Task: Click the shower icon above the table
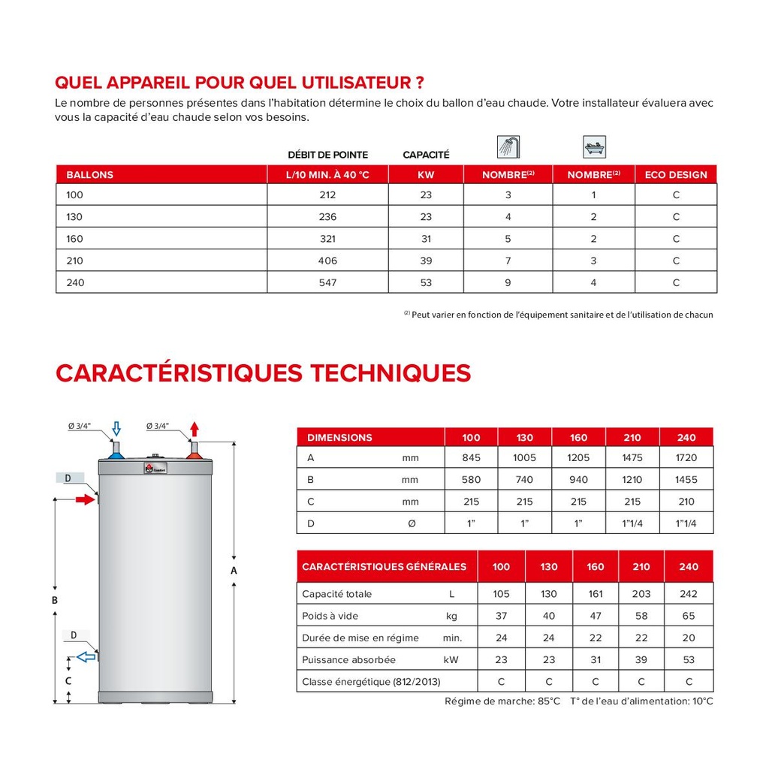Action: click(x=508, y=146)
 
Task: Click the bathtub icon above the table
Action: click(x=594, y=146)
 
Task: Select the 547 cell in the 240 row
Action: click(x=327, y=282)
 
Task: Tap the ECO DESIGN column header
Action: click(x=676, y=175)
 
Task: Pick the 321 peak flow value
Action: click(x=327, y=239)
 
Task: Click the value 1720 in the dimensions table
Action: click(x=686, y=457)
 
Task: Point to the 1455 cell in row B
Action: click(x=686, y=479)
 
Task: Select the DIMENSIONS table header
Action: click(x=339, y=438)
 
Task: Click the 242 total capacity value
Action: click(x=688, y=594)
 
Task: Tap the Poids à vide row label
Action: click(x=330, y=616)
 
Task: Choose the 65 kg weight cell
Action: click(x=688, y=616)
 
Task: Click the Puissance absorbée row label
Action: click(x=348, y=660)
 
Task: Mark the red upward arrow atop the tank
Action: click(x=195, y=430)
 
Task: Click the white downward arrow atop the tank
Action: click(x=116, y=430)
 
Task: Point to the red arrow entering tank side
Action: click(x=84, y=499)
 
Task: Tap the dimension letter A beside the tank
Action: click(x=234, y=571)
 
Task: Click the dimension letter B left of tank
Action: click(x=55, y=600)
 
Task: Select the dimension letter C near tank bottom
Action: click(x=68, y=680)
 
